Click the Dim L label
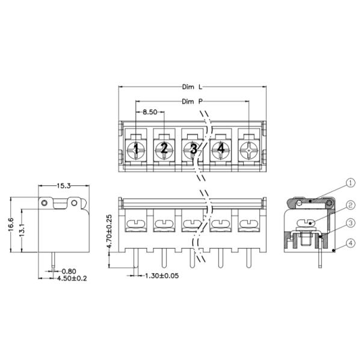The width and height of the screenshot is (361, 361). [x=193, y=87]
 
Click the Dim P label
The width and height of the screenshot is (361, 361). [x=193, y=101]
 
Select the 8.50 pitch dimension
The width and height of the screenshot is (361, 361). [x=150, y=112]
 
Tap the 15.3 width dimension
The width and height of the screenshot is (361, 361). [x=64, y=186]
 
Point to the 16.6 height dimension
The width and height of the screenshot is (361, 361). [x=11, y=224]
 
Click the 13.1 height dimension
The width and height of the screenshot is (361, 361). [x=22, y=230]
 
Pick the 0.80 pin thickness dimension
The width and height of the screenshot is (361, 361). [x=69, y=271]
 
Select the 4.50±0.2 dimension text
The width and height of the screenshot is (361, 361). [x=72, y=279]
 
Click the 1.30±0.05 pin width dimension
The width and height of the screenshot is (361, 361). [x=162, y=276]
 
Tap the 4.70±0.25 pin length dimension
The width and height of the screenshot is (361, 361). [x=110, y=231]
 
